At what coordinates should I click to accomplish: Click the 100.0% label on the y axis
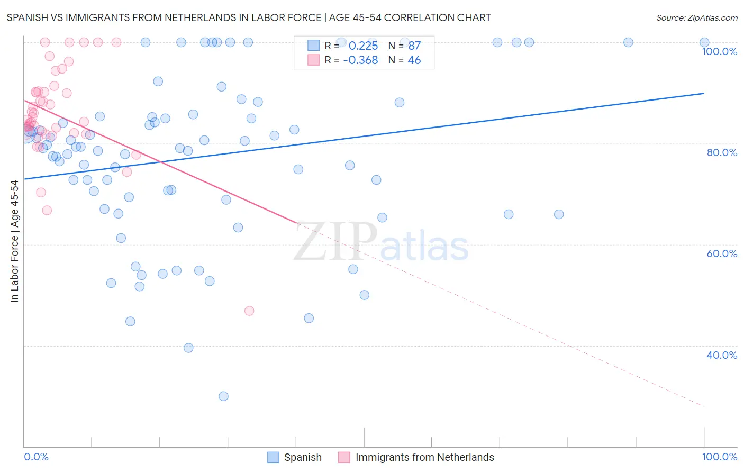coord(719,51)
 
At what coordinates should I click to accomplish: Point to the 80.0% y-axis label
coord(722,152)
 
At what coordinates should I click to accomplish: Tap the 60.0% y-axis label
coord(722,253)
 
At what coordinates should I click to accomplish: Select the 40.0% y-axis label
coord(722,355)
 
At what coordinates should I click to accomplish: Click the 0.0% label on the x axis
coord(36,457)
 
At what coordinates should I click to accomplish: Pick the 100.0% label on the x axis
coord(719,457)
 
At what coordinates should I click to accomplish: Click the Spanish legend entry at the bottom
coord(302,457)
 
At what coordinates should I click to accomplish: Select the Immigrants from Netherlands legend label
coord(424,457)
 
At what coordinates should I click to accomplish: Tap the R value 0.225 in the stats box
coord(363,46)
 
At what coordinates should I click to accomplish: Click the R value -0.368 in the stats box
coord(360,60)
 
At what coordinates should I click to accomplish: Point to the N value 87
coord(414,46)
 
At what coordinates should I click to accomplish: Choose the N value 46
coord(414,60)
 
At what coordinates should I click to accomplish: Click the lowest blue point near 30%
coord(223,396)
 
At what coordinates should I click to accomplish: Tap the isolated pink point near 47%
coord(249,311)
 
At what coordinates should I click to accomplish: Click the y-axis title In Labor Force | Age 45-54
coord(14,241)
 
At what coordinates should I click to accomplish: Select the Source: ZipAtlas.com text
coord(696,18)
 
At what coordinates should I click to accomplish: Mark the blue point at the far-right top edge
coord(704,42)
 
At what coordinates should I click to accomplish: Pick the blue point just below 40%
coord(188,348)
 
